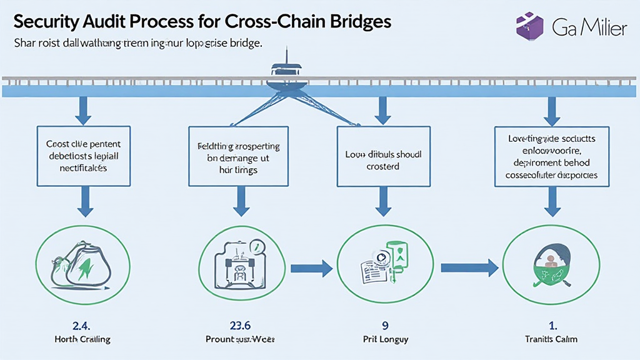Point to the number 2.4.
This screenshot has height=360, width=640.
82,326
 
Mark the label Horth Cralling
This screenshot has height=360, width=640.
82,339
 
